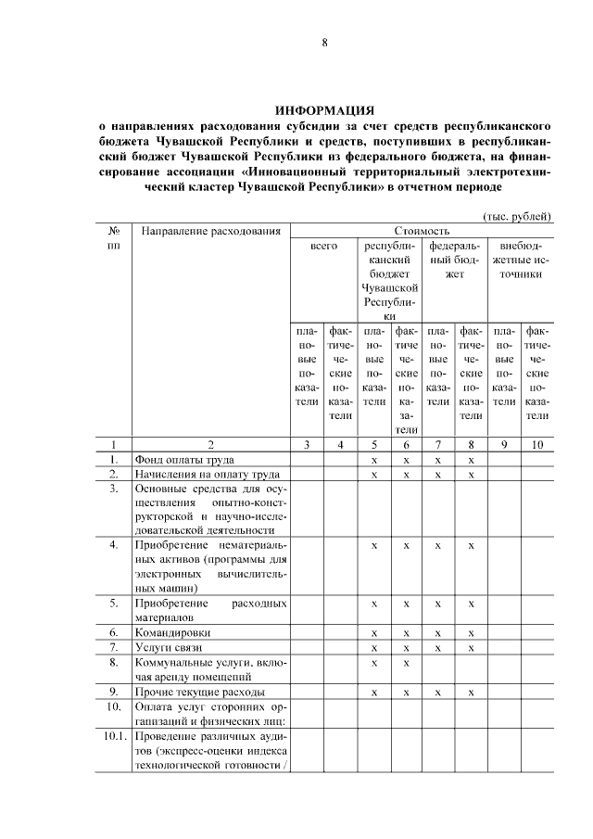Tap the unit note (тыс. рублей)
[518, 216]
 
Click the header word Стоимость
[422, 231]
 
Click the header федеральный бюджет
[454, 261]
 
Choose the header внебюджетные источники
[521, 261]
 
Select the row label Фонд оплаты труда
[184, 460]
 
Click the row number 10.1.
[113, 738]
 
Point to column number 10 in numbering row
[536, 445]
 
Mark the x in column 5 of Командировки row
[373, 632]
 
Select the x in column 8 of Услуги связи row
[472, 647]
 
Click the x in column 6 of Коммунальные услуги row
[406, 663]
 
